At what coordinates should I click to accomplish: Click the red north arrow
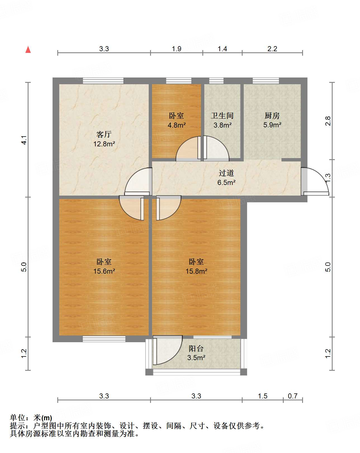click(x=28, y=50)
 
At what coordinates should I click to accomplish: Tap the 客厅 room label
click(x=104, y=135)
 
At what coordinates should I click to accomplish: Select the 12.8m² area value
click(x=104, y=144)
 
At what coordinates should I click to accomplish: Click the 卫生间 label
click(x=222, y=116)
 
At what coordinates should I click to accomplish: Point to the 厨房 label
click(x=272, y=116)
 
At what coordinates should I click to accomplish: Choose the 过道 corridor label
click(x=226, y=173)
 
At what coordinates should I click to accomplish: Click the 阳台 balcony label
click(x=196, y=348)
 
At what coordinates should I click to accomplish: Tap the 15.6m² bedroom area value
click(x=104, y=271)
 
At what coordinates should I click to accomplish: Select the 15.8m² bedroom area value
click(x=196, y=271)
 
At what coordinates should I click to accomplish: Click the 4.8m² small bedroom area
click(x=176, y=125)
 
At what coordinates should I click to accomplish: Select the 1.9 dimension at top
click(x=176, y=49)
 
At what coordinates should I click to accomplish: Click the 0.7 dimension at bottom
click(x=293, y=396)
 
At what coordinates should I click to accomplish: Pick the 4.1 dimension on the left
click(x=24, y=140)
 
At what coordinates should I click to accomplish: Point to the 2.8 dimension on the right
click(x=328, y=121)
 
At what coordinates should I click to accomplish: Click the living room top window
click(x=103, y=81)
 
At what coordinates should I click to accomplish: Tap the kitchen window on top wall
click(x=266, y=81)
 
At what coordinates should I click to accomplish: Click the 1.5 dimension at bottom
click(x=263, y=396)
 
